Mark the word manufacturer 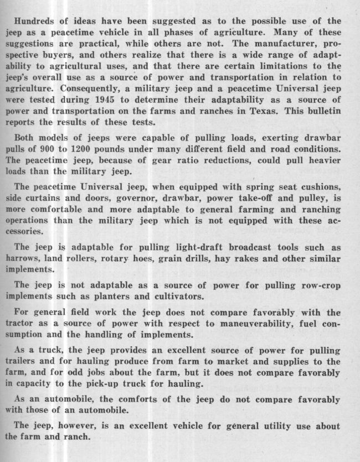click(290, 44)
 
